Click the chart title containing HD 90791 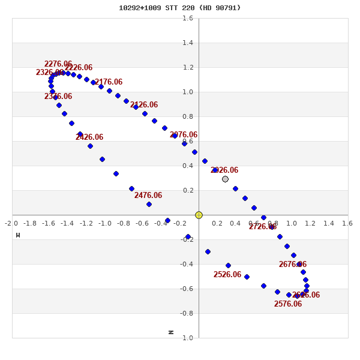(179, 8)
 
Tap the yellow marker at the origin (199, 215)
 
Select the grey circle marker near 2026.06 (225, 179)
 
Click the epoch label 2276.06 (58, 64)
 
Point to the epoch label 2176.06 (109, 82)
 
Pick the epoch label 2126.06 (144, 105)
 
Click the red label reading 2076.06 (184, 135)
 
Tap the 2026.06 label (224, 170)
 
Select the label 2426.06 (89, 137)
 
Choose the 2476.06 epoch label (148, 196)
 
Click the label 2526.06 (227, 275)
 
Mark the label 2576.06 (288, 304)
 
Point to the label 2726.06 (263, 227)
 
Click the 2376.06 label (58, 97)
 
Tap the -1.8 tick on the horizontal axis (30, 224)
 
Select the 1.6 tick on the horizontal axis (347, 224)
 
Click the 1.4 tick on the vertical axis (188, 43)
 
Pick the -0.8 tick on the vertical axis (187, 313)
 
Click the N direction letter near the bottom (171, 332)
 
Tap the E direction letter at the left (18, 235)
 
